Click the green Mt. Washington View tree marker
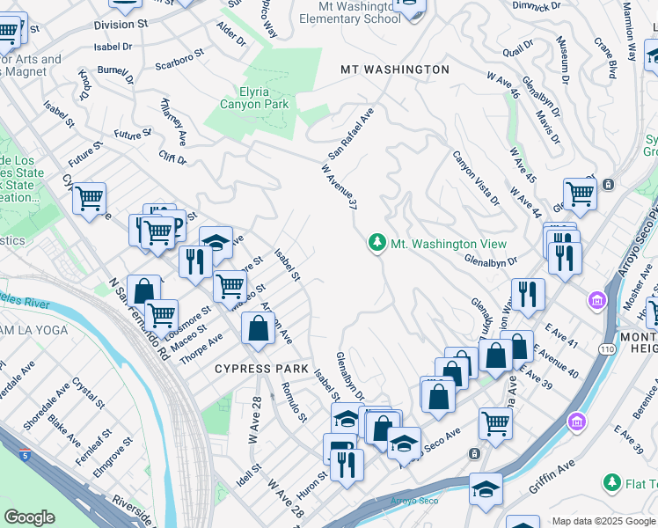point(377,243)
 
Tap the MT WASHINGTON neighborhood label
point(395,69)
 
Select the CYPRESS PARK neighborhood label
point(261,369)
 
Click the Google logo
point(29,517)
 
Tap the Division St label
point(126,26)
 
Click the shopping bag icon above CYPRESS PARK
point(259,329)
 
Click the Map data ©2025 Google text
point(603,521)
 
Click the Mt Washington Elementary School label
point(349,11)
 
